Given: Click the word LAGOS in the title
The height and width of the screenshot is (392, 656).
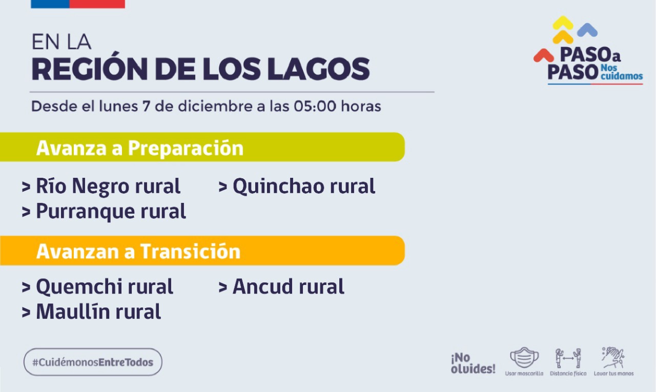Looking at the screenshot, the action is click(318, 69).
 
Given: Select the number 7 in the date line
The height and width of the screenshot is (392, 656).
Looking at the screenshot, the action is click(146, 106).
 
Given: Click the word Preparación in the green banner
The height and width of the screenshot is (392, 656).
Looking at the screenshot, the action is click(186, 148).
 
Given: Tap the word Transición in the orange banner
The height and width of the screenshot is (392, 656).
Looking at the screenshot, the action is click(190, 251).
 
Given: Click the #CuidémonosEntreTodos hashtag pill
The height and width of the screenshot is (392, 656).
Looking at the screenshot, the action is click(93, 362).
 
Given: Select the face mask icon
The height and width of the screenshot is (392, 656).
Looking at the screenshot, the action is click(524, 358).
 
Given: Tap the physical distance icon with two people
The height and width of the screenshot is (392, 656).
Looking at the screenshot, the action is click(568, 358).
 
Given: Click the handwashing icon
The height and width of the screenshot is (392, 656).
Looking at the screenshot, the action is click(613, 358).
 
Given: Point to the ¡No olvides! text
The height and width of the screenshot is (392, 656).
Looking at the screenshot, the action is click(473, 363).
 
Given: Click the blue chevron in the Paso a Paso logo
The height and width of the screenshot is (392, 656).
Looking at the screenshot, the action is click(587, 30).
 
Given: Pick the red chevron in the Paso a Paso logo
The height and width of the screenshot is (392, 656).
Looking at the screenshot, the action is click(544, 55).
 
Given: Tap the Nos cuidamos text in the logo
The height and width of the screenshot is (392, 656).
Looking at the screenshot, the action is click(622, 72).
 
